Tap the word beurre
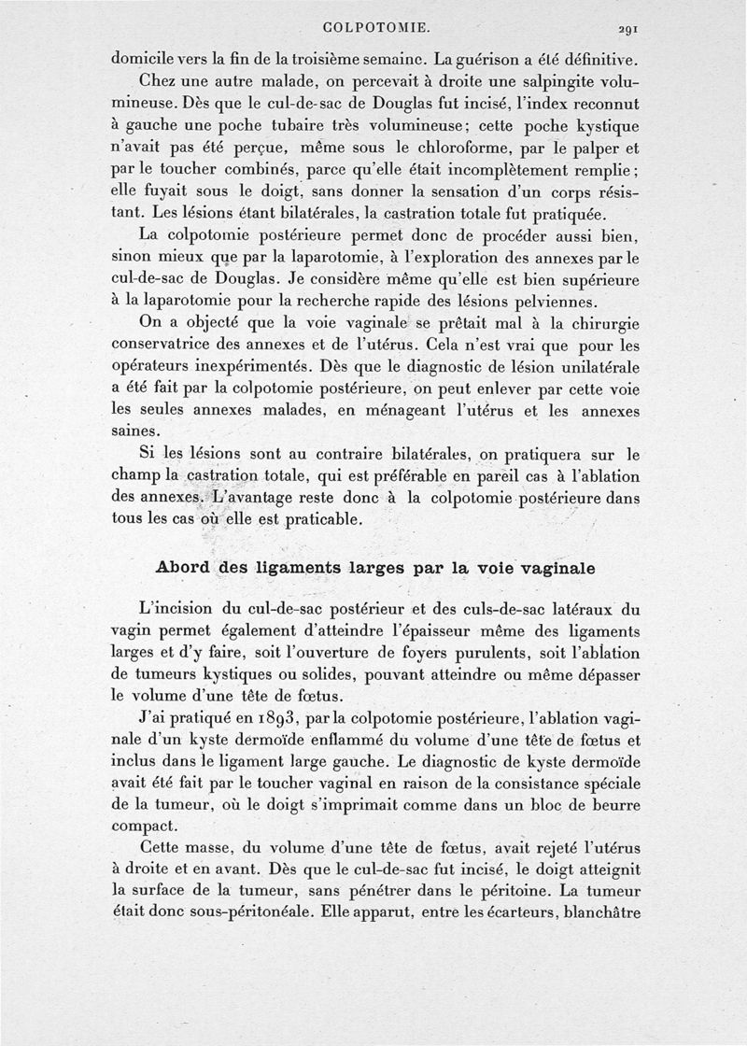point(607,804)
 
